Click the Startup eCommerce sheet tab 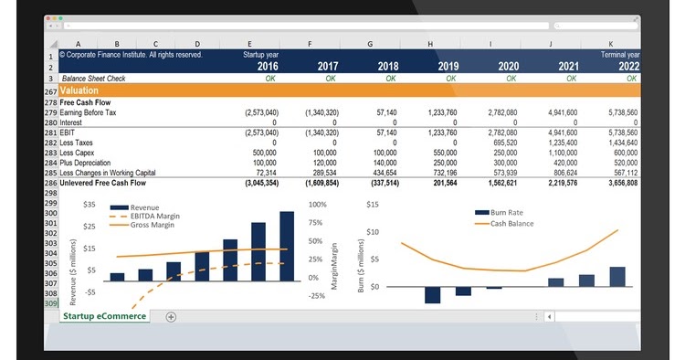[104, 316]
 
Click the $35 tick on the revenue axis [90, 205]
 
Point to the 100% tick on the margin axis [317, 205]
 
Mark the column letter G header [369, 44]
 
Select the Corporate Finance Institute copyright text [131, 55]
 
